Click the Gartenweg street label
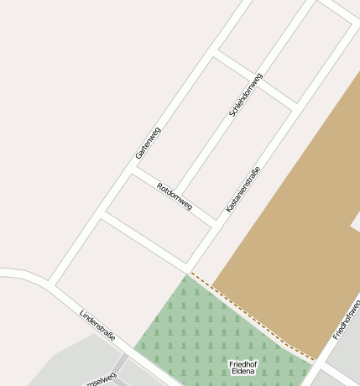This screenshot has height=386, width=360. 148,143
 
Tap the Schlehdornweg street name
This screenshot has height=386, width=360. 246,95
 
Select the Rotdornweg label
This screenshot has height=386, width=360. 175,196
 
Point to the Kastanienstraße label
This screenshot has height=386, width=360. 243,189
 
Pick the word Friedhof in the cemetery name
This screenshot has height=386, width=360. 243,363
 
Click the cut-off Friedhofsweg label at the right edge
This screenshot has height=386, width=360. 347,320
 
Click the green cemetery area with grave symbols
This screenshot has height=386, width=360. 193,336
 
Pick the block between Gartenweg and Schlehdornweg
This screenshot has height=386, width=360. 180,126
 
